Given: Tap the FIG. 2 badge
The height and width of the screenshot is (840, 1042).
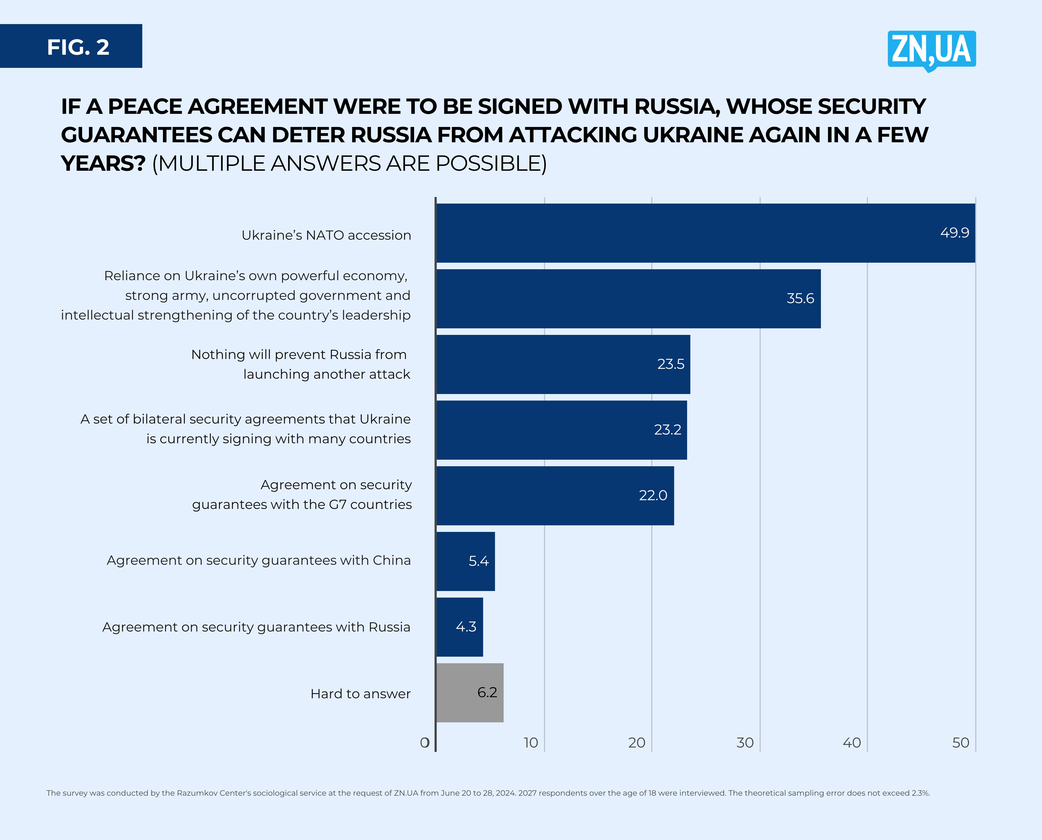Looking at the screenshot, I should point(71,47).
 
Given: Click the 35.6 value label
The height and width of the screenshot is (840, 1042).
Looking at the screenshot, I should point(800,299).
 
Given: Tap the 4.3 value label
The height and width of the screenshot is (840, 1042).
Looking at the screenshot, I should point(466,627).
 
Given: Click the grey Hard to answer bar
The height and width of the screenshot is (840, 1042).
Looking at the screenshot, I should point(470,693).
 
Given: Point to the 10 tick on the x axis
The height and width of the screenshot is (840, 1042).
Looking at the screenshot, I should point(531,743).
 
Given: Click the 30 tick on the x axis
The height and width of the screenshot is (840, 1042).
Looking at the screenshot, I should point(745,743).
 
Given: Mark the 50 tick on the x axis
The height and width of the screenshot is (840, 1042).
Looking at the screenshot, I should point(961,743).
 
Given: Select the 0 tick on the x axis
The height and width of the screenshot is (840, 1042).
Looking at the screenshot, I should point(424,743).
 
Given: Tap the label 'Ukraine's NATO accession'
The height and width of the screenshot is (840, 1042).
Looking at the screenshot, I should point(326,235).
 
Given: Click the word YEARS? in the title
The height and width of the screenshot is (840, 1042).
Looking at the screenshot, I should point(103,164).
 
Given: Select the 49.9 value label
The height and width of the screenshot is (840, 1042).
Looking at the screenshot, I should point(954,233).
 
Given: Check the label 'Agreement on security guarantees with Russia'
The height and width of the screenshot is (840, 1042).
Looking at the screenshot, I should point(256,627).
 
